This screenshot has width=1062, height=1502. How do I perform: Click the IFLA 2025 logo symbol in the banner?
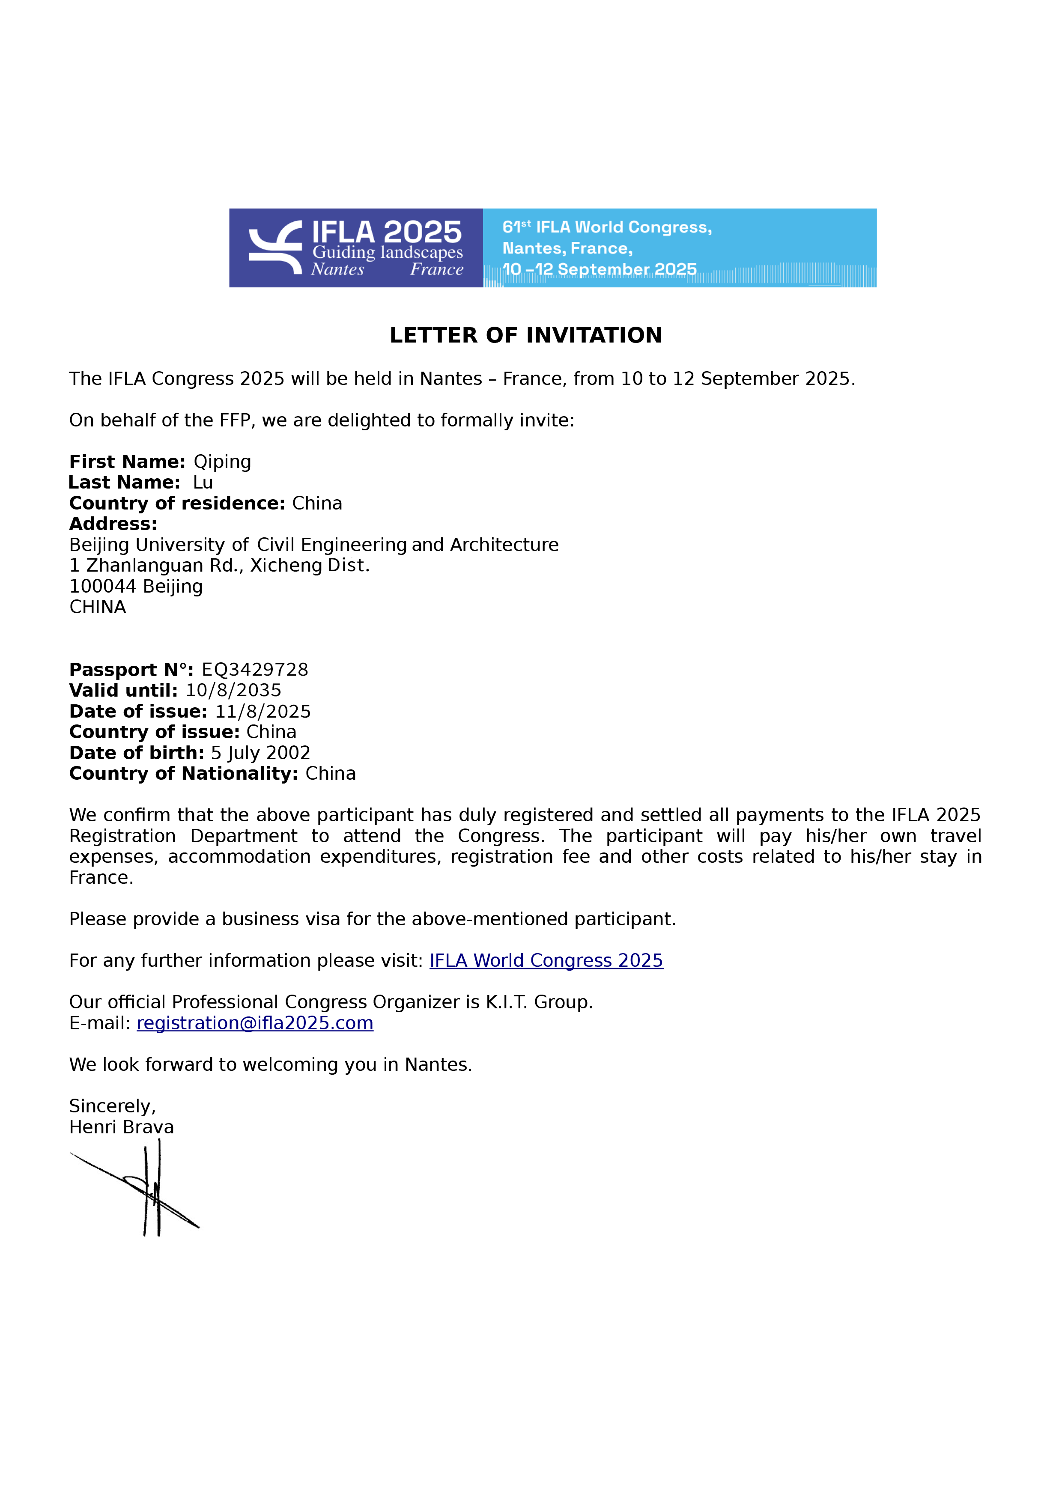(x=275, y=247)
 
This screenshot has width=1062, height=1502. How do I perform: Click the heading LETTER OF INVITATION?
(x=525, y=336)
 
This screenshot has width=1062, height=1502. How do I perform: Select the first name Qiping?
(x=222, y=462)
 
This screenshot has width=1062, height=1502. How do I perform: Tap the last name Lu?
(x=203, y=483)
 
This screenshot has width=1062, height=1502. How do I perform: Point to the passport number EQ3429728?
(x=254, y=670)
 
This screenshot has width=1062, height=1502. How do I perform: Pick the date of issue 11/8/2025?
(x=263, y=712)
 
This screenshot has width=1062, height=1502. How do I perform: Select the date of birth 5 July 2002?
(x=260, y=753)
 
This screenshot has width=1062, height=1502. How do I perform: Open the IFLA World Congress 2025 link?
(x=546, y=960)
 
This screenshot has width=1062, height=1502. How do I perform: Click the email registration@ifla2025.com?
(x=254, y=1023)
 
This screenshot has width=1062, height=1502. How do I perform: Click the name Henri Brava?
(x=122, y=1127)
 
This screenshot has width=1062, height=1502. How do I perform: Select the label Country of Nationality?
(x=184, y=774)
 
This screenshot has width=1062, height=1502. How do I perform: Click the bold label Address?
(x=113, y=524)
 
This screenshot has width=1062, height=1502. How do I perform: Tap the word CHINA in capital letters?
(x=98, y=607)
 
